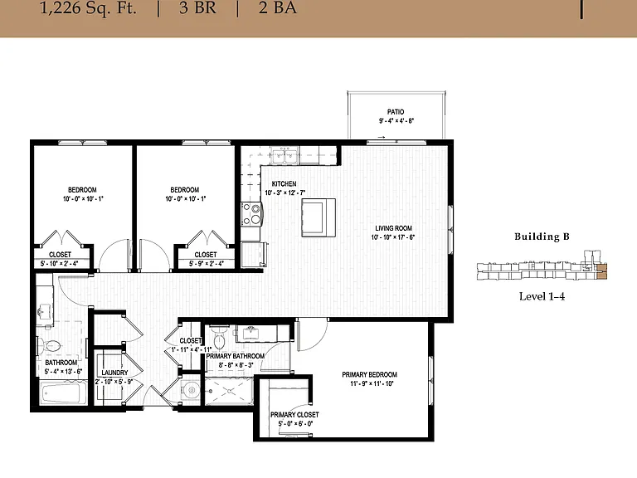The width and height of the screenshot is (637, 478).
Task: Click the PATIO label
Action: (396, 112)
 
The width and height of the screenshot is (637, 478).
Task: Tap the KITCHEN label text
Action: (284, 183)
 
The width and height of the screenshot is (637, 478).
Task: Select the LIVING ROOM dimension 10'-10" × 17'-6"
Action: (393, 237)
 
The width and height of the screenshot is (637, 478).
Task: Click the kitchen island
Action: (318, 217)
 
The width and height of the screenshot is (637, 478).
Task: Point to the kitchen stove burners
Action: (251, 214)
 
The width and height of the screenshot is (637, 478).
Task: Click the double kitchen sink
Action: (284, 155)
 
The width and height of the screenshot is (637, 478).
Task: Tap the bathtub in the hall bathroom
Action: (62, 393)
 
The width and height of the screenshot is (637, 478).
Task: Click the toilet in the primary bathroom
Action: (219, 339)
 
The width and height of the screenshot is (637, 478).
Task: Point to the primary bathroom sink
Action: (251, 334)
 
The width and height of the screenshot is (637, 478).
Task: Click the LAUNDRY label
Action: (114, 373)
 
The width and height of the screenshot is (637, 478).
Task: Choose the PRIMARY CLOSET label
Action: (294, 415)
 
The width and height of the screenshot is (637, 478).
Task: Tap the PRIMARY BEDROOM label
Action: (369, 375)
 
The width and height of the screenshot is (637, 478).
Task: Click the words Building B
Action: (542, 237)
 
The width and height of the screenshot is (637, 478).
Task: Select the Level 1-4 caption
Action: (542, 296)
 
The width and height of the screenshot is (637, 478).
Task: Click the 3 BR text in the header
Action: (198, 7)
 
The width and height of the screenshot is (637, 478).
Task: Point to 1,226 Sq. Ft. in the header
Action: (88, 8)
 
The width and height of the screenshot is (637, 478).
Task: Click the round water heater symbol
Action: (191, 391)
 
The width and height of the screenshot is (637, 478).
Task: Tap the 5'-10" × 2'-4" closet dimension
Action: (60, 264)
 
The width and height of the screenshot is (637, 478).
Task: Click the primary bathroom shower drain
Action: (230, 391)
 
